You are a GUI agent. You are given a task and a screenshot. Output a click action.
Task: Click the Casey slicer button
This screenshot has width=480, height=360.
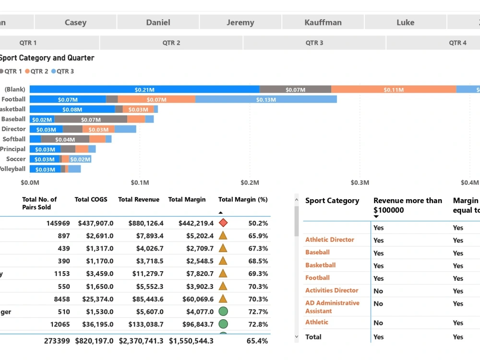click(x=75, y=22)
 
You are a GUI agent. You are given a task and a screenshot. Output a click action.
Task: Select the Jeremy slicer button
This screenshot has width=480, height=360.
click(x=240, y=22)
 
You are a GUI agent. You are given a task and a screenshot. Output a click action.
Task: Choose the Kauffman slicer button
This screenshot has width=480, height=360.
click(x=323, y=22)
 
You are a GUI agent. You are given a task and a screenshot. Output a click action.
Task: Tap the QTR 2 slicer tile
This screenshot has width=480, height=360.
click(x=171, y=43)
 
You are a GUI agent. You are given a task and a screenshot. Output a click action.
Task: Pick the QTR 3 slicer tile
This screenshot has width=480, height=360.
click(x=314, y=43)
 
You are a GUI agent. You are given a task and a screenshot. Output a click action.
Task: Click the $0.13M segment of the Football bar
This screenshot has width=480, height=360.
click(x=266, y=99)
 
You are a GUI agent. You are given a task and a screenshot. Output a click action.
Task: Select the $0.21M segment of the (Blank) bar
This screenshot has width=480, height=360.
click(x=144, y=89)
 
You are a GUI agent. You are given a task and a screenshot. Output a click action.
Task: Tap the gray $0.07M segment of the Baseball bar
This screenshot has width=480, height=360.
click(x=91, y=120)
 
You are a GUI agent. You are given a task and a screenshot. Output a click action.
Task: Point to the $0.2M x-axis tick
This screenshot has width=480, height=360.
click(x=250, y=182)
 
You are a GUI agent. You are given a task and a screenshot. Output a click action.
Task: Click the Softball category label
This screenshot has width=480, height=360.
click(x=14, y=139)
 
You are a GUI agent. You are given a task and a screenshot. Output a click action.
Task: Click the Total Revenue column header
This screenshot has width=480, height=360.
click(x=139, y=200)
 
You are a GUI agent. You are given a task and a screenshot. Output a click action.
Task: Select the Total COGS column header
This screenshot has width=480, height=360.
click(x=91, y=200)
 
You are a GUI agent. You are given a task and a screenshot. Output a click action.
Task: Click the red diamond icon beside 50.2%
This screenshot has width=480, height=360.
click(x=223, y=223)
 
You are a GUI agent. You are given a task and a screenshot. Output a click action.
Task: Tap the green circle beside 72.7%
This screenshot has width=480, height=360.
click(x=223, y=312)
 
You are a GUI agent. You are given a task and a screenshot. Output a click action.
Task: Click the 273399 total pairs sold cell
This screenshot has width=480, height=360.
click(x=58, y=341)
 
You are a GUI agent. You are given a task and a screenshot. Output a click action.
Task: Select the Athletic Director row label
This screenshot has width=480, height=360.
click(x=329, y=240)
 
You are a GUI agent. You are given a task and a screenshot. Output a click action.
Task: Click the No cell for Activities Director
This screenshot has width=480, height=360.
click(x=378, y=291)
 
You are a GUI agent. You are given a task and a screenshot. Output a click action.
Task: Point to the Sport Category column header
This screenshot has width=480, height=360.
click(x=332, y=201)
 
